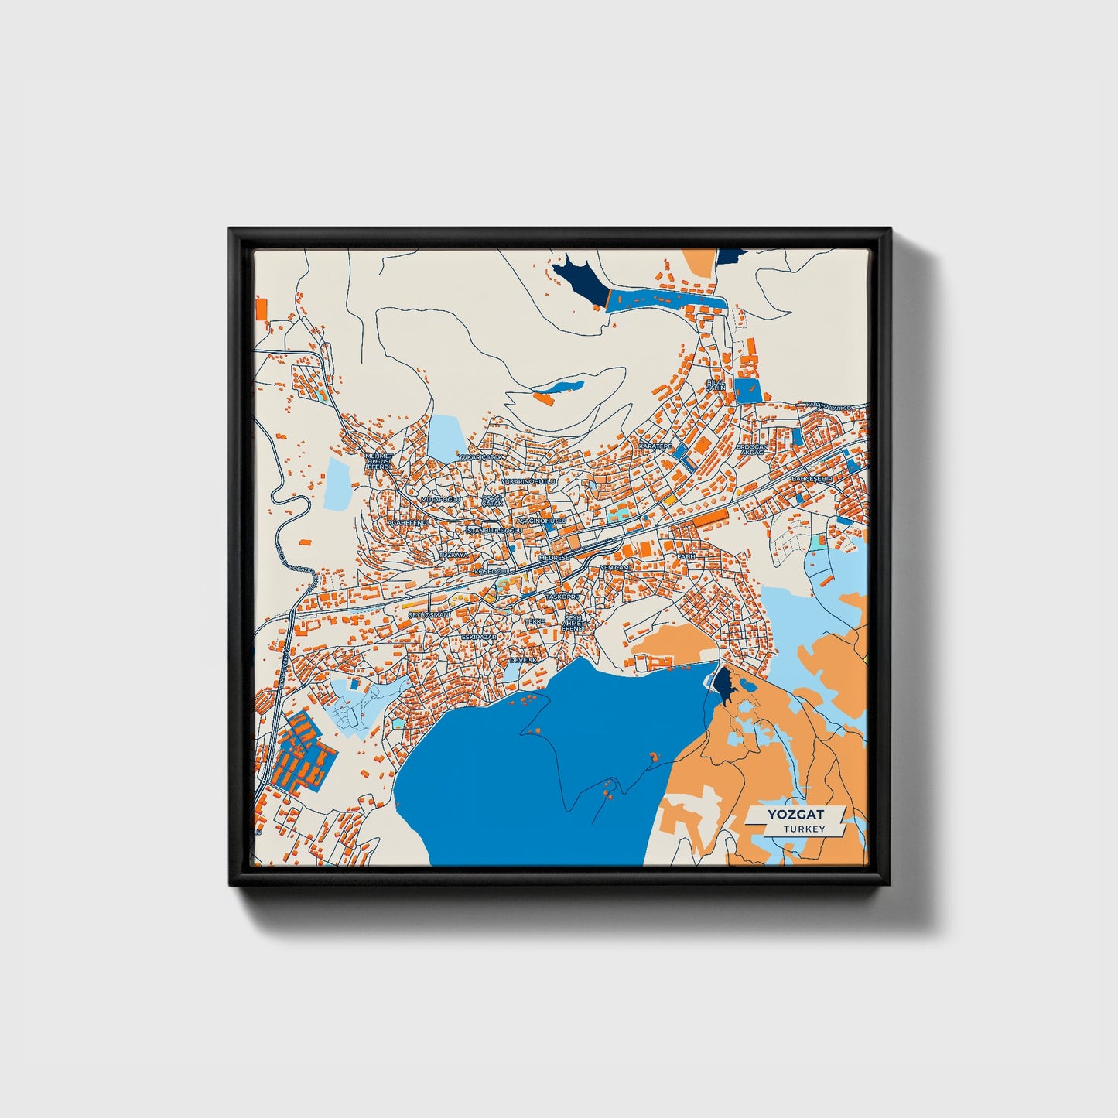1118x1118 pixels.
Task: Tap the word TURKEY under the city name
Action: pyautogui.click(x=803, y=829)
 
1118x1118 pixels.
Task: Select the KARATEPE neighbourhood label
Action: pyautogui.click(x=655, y=446)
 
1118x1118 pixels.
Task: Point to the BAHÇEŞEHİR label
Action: pyautogui.click(x=811, y=479)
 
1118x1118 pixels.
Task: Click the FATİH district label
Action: pyautogui.click(x=686, y=556)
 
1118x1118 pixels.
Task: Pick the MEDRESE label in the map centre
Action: pyautogui.click(x=554, y=557)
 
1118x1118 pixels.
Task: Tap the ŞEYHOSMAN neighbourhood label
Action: pyautogui.click(x=428, y=614)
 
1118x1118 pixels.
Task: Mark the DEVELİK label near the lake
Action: pyautogui.click(x=523, y=660)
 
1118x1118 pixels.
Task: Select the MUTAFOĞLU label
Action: pyautogui.click(x=440, y=500)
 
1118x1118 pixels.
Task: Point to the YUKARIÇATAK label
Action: pyautogui.click(x=481, y=457)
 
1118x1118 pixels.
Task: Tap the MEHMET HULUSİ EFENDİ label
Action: pyautogui.click(x=380, y=462)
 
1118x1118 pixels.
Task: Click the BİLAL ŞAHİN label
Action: pyautogui.click(x=716, y=385)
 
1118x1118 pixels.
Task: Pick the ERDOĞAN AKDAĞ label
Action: pyautogui.click(x=751, y=449)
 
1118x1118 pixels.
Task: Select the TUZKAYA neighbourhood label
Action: pyautogui.click(x=454, y=555)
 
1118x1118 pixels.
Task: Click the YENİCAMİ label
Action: pyautogui.click(x=614, y=567)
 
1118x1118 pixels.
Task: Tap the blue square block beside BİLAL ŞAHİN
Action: pyautogui.click(x=748, y=389)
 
